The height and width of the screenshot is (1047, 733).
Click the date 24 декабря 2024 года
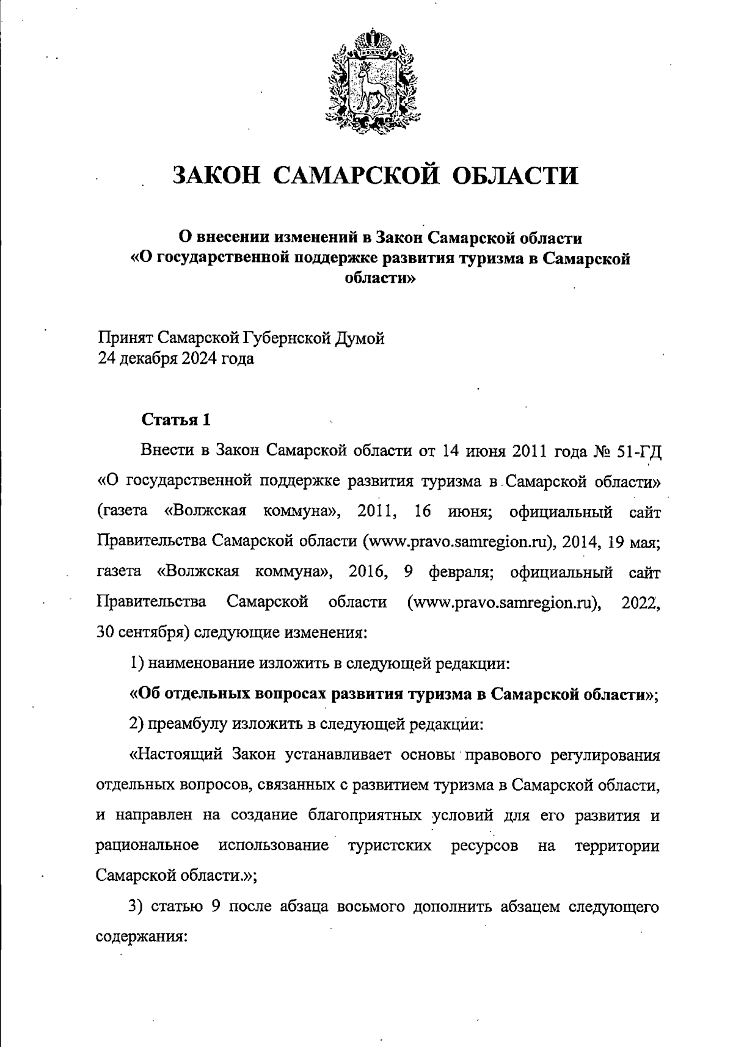(x=176, y=358)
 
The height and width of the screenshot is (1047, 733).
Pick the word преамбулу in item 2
(x=186, y=725)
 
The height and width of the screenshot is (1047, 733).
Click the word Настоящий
(x=177, y=755)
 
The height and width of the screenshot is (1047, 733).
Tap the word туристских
(x=390, y=846)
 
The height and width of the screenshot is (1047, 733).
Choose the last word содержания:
(x=141, y=937)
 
